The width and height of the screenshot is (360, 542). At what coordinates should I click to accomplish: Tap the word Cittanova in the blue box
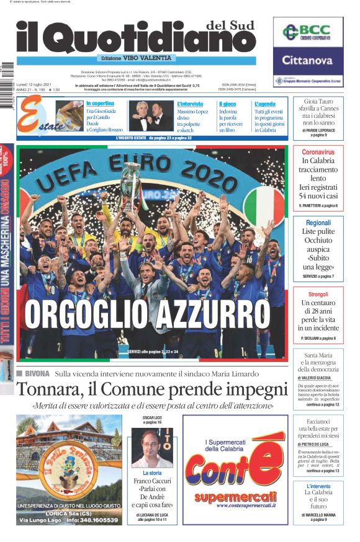click(x=308, y=61)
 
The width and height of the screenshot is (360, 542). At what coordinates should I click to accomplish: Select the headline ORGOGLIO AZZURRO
click(x=147, y=315)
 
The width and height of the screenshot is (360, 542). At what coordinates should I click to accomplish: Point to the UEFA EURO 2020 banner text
click(x=132, y=172)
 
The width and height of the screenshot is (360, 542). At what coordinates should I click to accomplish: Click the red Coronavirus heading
click(x=318, y=152)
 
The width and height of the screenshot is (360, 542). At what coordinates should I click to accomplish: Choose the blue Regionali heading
click(x=318, y=223)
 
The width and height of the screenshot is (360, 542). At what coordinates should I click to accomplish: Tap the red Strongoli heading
click(x=318, y=294)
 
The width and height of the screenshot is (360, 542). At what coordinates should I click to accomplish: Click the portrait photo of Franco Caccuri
click(x=152, y=448)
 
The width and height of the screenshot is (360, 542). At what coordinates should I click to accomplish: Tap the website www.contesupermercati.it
click(x=234, y=505)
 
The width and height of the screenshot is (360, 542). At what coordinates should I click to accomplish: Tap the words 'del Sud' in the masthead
click(x=230, y=24)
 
